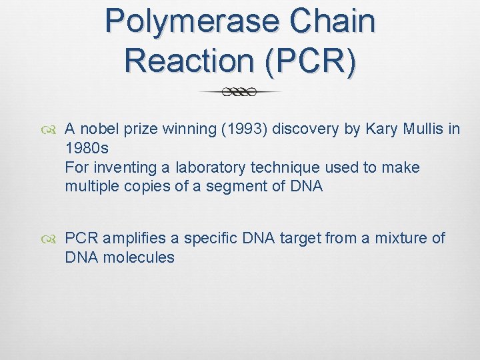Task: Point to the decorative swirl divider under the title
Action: [x=240, y=92]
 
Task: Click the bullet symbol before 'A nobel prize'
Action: [x=53, y=130]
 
